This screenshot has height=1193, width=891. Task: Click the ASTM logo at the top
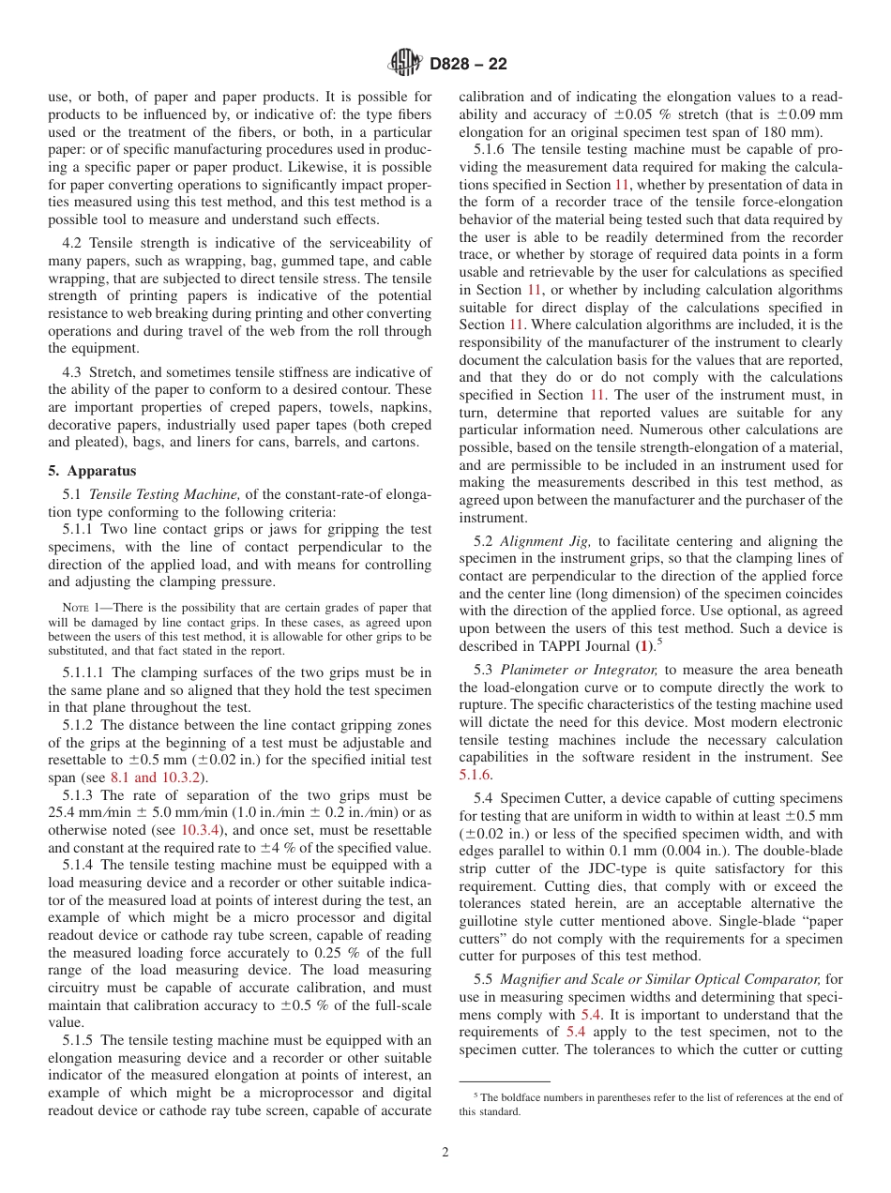pos(405,64)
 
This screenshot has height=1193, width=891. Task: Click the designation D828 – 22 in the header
pos(468,64)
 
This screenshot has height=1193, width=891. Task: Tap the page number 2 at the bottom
pos(445,1153)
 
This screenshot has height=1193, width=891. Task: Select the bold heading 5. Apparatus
pos(92,471)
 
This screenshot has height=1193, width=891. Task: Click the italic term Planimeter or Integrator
pos(579,670)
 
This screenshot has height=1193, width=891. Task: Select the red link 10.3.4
pos(200,830)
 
